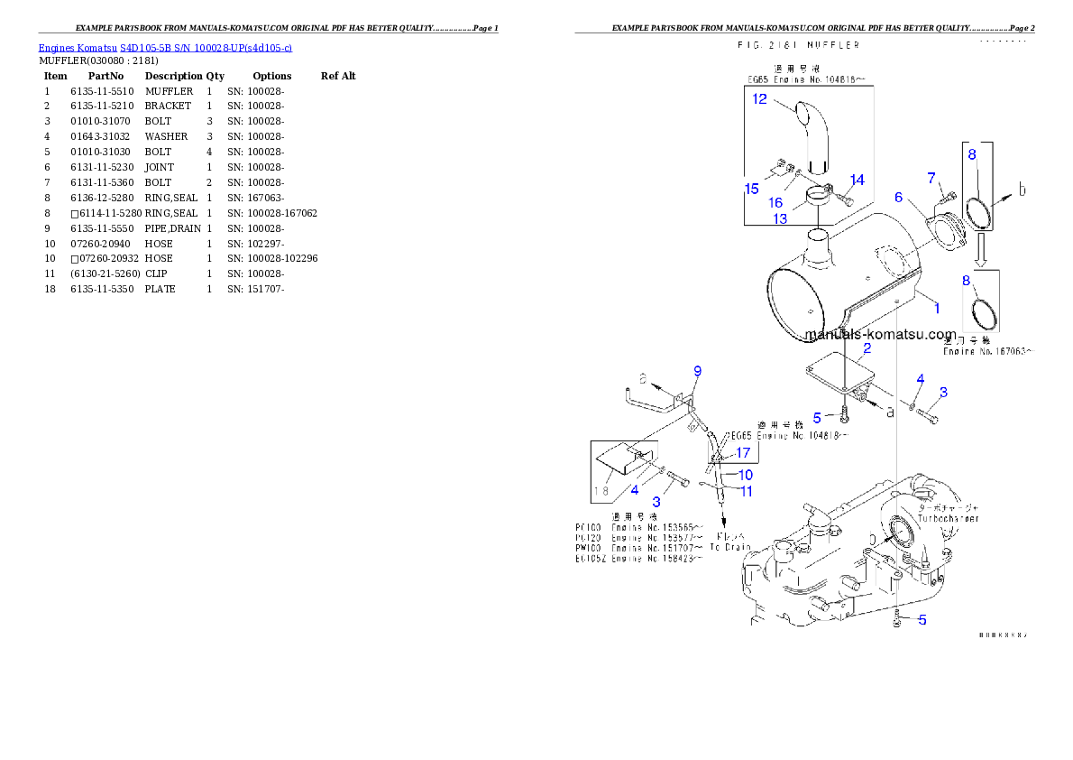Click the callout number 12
[x=760, y=98]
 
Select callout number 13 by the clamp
[x=780, y=218]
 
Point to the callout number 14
[x=857, y=180]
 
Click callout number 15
[x=751, y=189]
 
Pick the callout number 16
[x=775, y=203]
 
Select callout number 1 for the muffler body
[x=936, y=308]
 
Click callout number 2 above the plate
[x=867, y=348]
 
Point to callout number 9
[x=697, y=371]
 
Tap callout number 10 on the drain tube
[x=745, y=474]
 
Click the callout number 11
[x=747, y=491]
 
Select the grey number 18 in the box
[x=602, y=491]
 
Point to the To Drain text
[x=729, y=547]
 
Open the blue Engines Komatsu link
[x=164, y=47]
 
